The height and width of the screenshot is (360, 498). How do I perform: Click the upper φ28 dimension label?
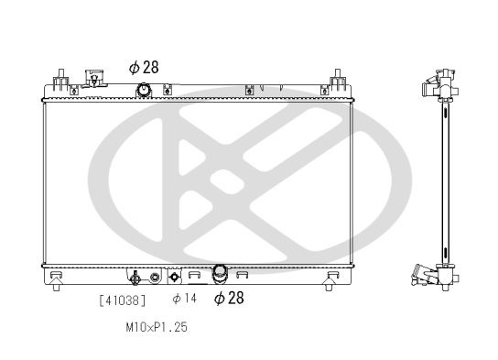pyautogui.click(x=145, y=67)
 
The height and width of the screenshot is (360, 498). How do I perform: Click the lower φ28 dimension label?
pyautogui.click(x=229, y=298)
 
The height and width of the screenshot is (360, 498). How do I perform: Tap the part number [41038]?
pyautogui.click(x=122, y=299)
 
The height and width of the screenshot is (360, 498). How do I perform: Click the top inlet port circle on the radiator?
pyautogui.click(x=144, y=89)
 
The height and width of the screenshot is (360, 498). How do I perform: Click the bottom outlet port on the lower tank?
pyautogui.click(x=220, y=272)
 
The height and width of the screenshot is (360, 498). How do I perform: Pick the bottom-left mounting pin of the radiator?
pyautogui.click(x=58, y=285)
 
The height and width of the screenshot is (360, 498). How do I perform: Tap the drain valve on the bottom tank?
pyautogui.click(x=135, y=278)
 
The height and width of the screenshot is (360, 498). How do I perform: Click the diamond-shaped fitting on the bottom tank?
pyautogui.click(x=175, y=276)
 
